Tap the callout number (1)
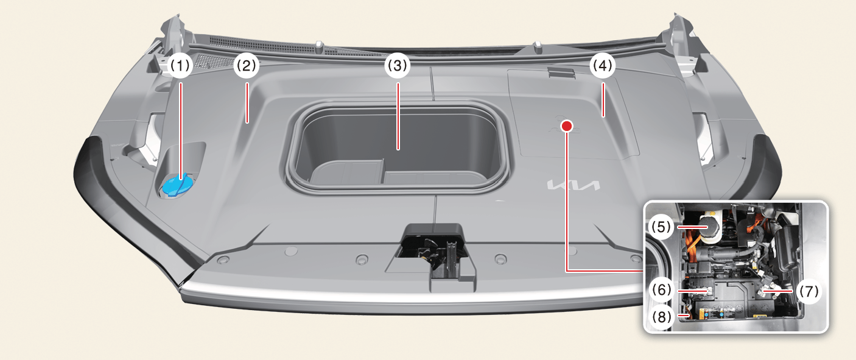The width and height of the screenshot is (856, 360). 180,66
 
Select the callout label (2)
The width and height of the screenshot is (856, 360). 247,66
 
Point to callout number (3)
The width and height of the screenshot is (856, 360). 398,66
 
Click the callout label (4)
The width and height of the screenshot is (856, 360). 603,66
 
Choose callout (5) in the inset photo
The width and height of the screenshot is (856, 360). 661,227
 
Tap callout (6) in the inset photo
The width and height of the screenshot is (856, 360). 662,290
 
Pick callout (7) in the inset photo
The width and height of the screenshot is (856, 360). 809,292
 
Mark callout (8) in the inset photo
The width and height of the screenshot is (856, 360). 662,317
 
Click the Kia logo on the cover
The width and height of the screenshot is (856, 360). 574,185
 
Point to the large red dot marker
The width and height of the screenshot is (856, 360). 566,125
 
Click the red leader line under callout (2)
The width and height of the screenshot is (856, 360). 247,103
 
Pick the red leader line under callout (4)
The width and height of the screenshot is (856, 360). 603,100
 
